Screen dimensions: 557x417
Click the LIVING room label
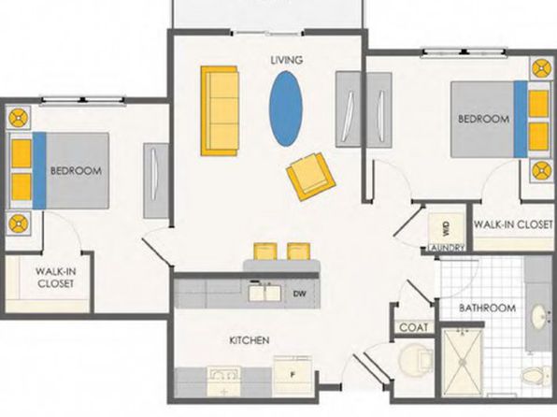point(287,60)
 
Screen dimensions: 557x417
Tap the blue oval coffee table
point(286,108)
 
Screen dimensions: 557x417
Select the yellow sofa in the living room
point(220,111)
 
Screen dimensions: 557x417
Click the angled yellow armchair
point(310,176)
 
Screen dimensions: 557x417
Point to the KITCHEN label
point(250,340)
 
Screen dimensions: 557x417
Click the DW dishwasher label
point(300,294)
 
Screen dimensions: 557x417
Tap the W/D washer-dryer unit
point(446,228)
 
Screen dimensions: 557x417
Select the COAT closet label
point(414,327)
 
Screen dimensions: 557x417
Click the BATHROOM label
point(488,308)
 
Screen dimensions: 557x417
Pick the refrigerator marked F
point(293,376)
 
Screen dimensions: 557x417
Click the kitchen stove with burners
point(224,382)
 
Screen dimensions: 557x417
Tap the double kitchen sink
point(264,293)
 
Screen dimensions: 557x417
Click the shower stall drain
point(463,362)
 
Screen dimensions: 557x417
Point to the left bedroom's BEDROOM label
point(76,171)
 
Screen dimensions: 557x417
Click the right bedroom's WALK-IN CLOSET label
point(514,224)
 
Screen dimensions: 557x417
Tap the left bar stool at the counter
point(265,251)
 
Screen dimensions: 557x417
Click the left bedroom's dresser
point(155,180)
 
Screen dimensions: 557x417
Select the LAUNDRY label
point(447,248)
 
